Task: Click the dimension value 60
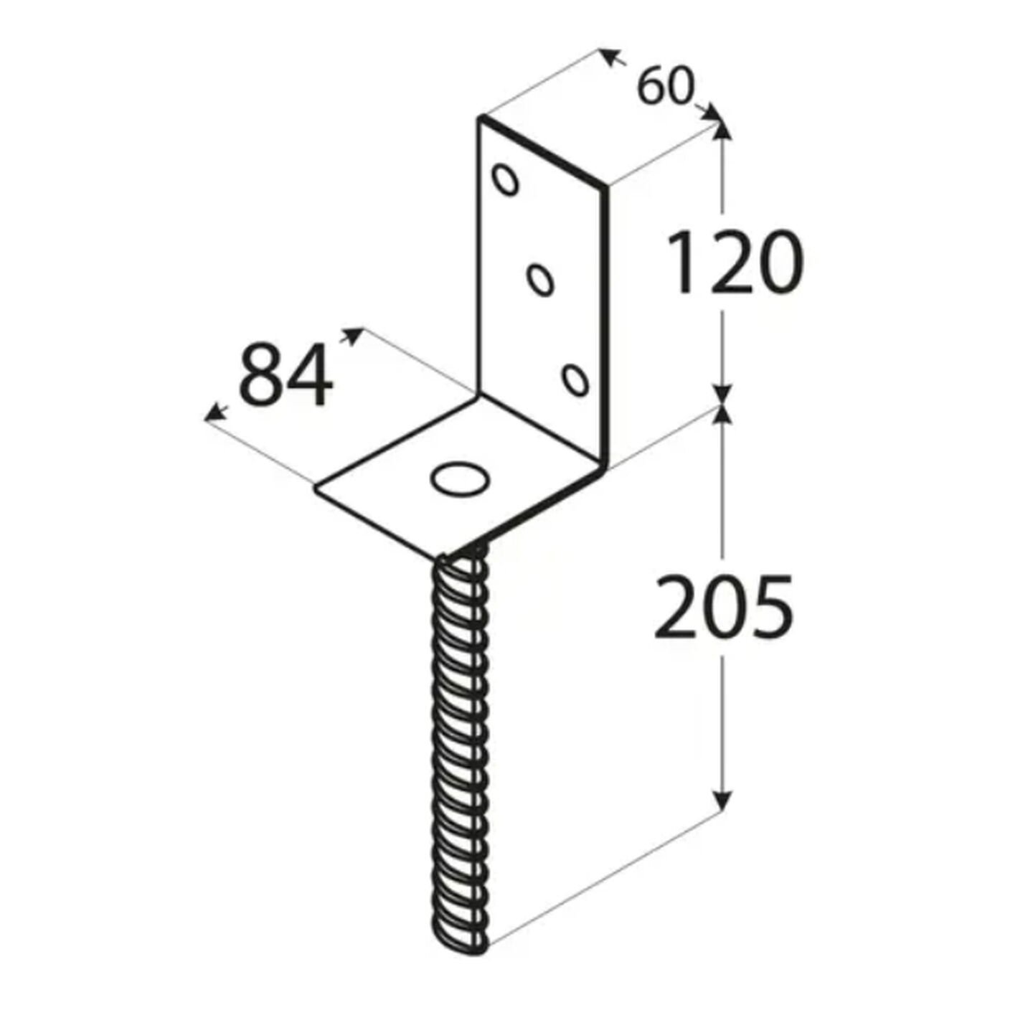666,86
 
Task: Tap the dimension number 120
735,262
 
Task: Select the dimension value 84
286,375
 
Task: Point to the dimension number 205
723,605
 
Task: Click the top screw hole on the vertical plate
505,179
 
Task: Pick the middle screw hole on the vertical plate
540,279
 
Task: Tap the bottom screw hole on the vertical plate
575,379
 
